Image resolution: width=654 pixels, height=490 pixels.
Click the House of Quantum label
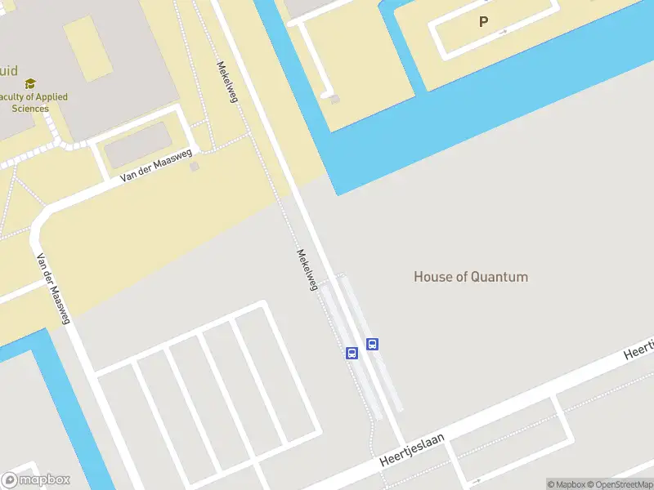coord(470,277)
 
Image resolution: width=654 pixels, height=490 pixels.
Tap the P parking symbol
coord(483,22)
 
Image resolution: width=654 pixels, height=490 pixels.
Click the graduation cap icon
coord(30,83)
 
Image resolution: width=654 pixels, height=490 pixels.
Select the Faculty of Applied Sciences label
coord(34,102)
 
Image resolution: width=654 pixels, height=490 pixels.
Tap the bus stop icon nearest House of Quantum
coord(372,344)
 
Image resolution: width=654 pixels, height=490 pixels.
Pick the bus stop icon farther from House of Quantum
coord(352,353)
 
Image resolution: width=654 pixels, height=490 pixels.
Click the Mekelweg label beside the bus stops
coord(307,269)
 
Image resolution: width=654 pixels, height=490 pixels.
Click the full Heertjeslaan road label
coord(412,450)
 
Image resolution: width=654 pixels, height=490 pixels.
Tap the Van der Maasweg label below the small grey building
coord(155,165)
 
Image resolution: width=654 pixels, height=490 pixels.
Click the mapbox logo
coord(36,479)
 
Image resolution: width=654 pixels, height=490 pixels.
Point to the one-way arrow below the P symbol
coord(502,32)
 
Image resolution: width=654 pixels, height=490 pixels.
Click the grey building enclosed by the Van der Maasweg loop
coord(136,145)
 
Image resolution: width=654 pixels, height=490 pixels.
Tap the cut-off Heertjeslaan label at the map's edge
coord(638,350)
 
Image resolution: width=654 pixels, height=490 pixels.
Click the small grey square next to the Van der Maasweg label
coord(194,167)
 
